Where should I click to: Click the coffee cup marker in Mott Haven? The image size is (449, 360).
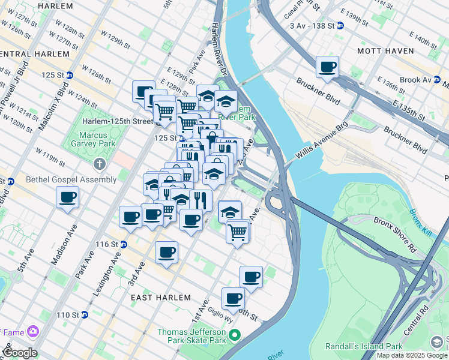(327, 67)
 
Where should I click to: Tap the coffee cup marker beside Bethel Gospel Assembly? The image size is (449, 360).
(67, 197)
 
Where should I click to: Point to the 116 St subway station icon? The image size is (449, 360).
(124, 244)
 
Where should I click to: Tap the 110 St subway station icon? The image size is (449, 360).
(84, 314)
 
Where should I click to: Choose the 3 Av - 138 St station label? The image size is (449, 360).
(311, 26)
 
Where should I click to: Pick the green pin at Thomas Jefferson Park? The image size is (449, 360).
(235, 335)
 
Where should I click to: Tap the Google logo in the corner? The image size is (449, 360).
(20, 353)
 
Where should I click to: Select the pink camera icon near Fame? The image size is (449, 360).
(32, 331)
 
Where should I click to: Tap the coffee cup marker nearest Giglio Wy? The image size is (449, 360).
(232, 298)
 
